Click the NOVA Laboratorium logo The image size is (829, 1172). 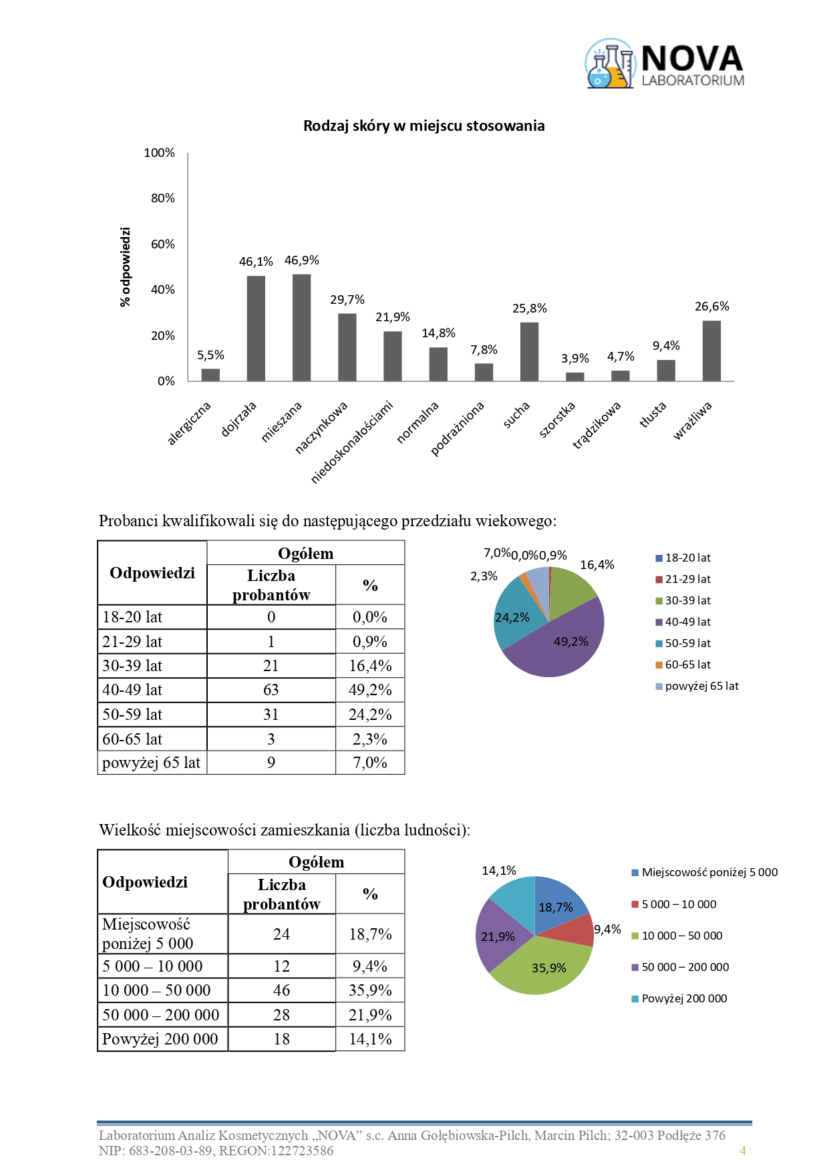pyautogui.click(x=665, y=64)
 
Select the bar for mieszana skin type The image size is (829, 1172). pyautogui.click(x=301, y=327)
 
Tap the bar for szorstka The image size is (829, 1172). pyautogui.click(x=574, y=377)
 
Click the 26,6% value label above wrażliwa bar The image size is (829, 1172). pyautogui.click(x=711, y=307)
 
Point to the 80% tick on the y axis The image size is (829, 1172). pyautogui.click(x=162, y=198)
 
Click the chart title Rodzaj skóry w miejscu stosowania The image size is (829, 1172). pyautogui.click(x=424, y=126)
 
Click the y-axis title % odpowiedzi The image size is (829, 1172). pyautogui.click(x=125, y=267)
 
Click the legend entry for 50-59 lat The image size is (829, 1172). pyautogui.click(x=687, y=643)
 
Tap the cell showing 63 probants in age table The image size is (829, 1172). pyautogui.click(x=271, y=690)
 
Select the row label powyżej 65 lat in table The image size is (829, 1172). pyautogui.click(x=152, y=763)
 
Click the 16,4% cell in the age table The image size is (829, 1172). pyautogui.click(x=370, y=666)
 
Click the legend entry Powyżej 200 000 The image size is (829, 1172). pyautogui.click(x=684, y=998)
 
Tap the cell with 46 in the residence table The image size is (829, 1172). pyautogui.click(x=281, y=990)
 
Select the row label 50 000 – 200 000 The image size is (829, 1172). pyautogui.click(x=160, y=1015)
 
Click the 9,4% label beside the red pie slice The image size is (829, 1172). pyautogui.click(x=607, y=930)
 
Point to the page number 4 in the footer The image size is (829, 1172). pyautogui.click(x=742, y=1150)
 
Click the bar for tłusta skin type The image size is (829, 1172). pyautogui.click(x=665, y=371)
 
